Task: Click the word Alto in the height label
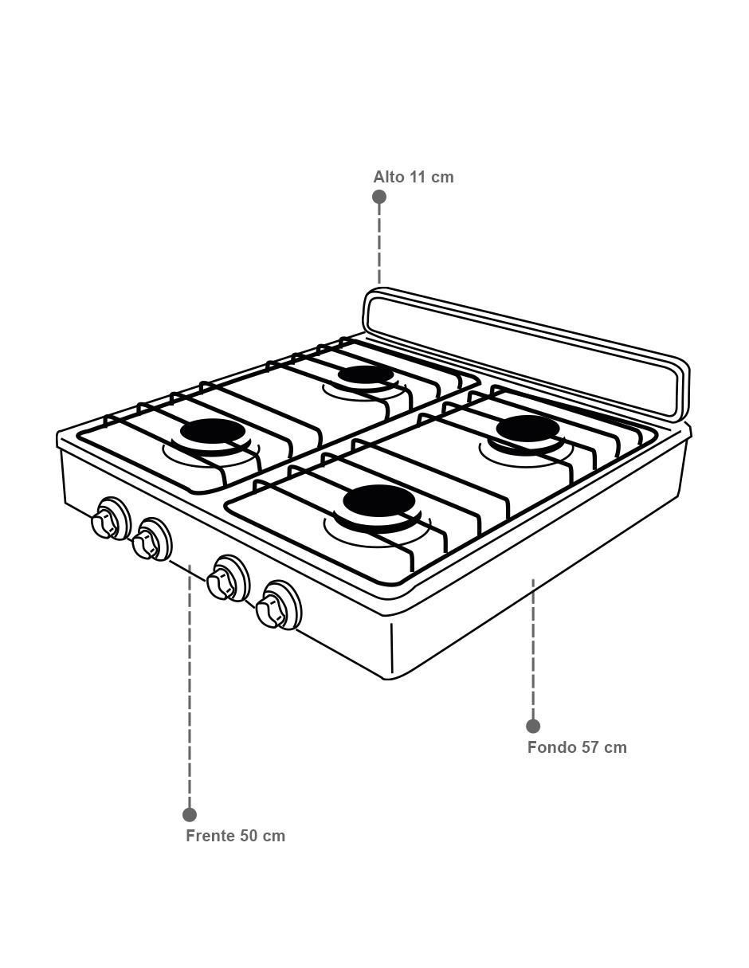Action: coord(389,177)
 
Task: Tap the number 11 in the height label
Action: coord(418,177)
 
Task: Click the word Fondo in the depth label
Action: coord(551,747)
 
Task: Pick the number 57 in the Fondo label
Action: coord(588,747)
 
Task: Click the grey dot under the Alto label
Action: coord(379,197)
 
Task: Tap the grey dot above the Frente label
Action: coord(190,815)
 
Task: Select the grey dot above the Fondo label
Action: coord(533,726)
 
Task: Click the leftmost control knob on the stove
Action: coord(110,519)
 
